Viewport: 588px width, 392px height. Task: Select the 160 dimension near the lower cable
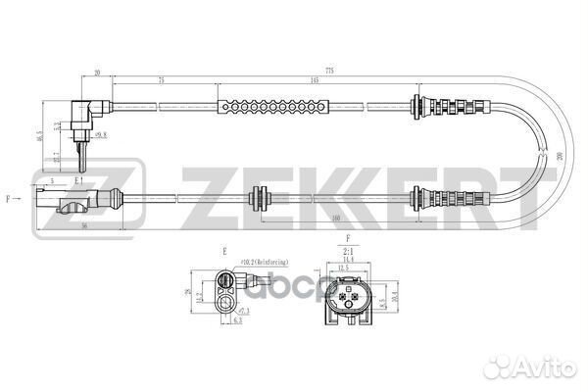[x=337, y=220]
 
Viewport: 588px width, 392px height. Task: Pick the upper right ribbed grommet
[x=451, y=104]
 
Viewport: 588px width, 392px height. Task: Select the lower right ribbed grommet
[x=452, y=198]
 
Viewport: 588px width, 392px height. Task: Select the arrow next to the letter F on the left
[x=19, y=199]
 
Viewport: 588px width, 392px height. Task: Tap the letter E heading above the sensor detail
[x=224, y=251]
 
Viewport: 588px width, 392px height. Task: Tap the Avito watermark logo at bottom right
[x=535, y=368]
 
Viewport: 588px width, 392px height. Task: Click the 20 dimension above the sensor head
[x=99, y=72]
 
